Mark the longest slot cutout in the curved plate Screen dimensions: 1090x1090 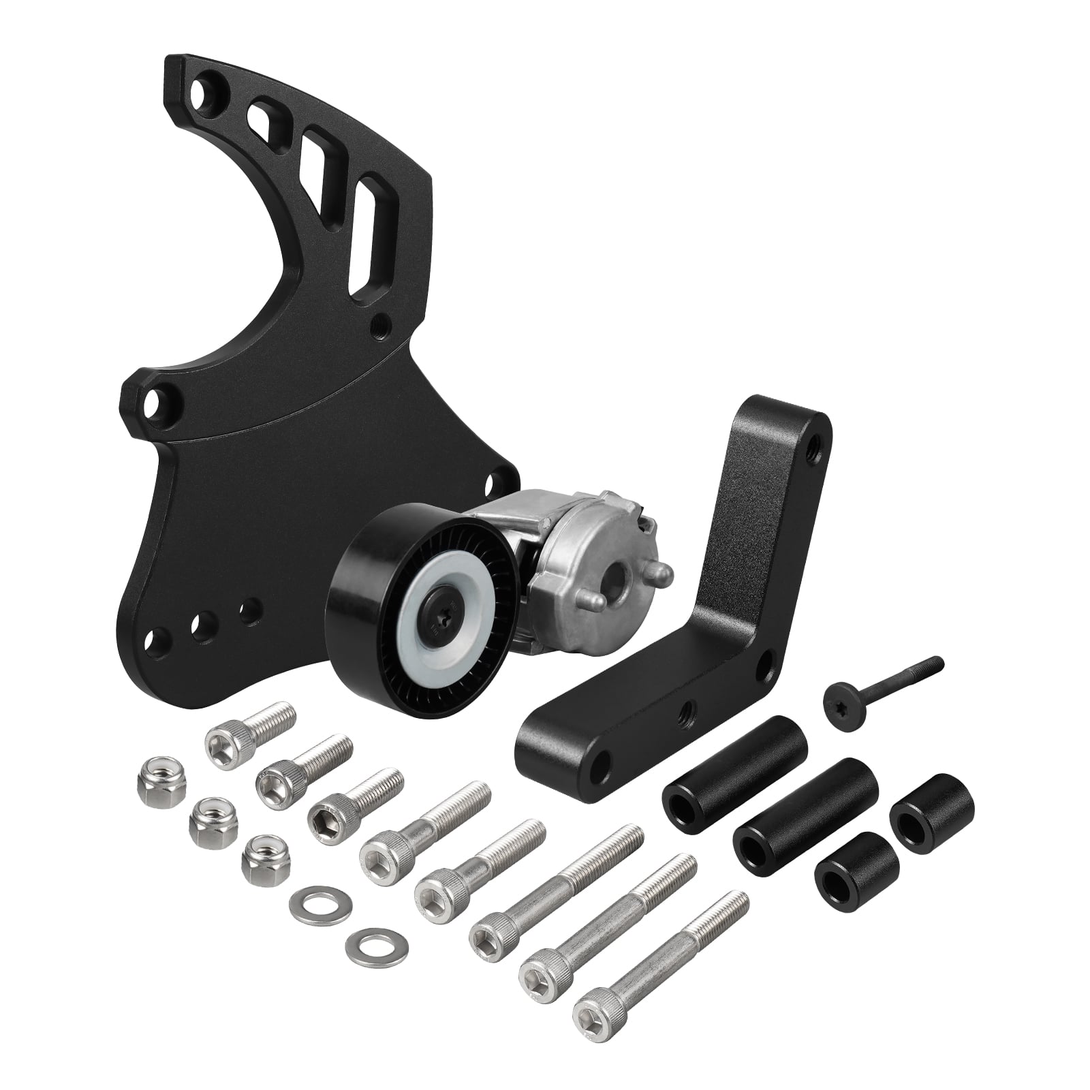coord(367,240)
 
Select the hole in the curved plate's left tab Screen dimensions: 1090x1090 coord(159,399)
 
